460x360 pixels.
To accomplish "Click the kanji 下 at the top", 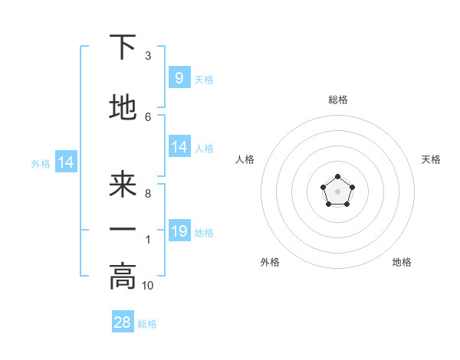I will [123, 47].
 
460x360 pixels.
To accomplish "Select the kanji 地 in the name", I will [123, 108].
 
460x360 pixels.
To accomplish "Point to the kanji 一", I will [123, 229].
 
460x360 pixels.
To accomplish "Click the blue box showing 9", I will [179, 77].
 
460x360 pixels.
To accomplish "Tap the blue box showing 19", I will [179, 231].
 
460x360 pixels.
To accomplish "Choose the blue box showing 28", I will [123, 322].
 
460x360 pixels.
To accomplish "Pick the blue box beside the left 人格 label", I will [179, 146].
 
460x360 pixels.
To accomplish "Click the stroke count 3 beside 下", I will [148, 56].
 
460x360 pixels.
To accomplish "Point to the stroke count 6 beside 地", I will [148, 116].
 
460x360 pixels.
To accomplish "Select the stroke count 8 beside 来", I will [148, 194].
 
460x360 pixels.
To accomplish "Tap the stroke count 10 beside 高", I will [148, 285].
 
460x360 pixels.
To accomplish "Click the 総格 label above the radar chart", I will [337, 100].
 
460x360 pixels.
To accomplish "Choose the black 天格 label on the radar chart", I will [431, 159].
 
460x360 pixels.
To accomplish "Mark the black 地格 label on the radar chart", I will [402, 262].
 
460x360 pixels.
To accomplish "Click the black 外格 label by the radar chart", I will [270, 262].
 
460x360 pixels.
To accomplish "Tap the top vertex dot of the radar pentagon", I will [337, 178].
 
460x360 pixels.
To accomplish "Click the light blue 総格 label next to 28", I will [147, 324].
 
